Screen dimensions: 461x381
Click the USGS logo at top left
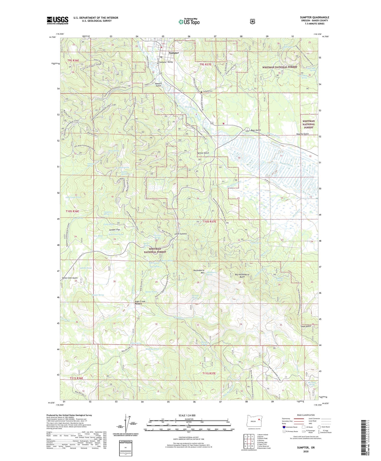[x=57, y=20]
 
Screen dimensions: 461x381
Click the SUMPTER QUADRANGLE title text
[x=314, y=17]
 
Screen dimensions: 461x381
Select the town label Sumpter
[x=174, y=53]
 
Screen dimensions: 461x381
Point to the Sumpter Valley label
[x=166, y=62]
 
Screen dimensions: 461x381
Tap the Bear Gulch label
[x=256, y=130]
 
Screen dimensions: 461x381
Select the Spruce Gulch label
[x=203, y=153]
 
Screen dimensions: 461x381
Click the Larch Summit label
[x=181, y=234]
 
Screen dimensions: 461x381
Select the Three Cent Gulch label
[x=70, y=278]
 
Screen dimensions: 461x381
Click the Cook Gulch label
[x=306, y=326]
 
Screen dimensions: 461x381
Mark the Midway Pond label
[x=152, y=349]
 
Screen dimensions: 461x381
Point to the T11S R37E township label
[x=209, y=373]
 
